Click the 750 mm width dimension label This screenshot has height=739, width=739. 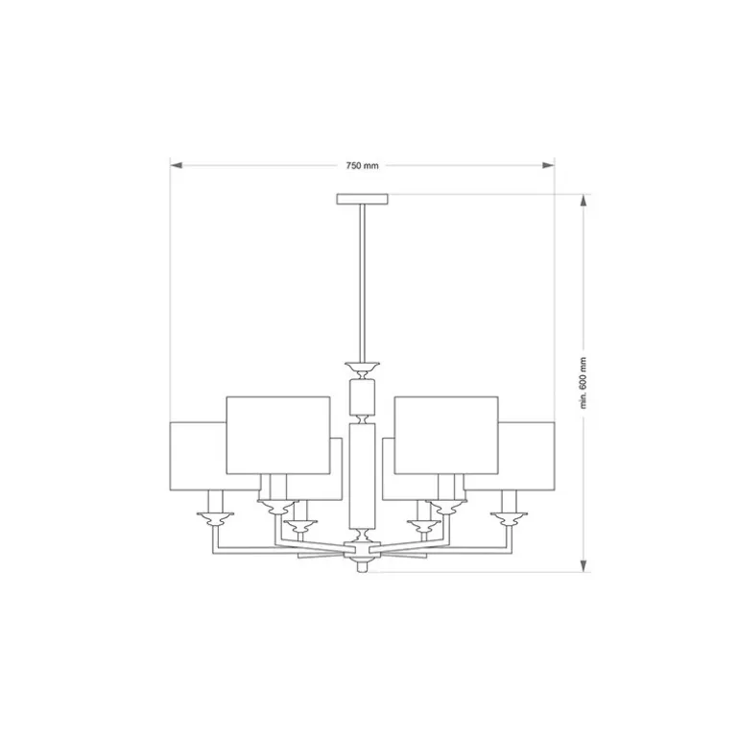362,165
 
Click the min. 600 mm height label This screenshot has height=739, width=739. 584,383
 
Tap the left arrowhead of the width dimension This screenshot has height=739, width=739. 176,165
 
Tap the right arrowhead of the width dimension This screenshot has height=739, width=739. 548,165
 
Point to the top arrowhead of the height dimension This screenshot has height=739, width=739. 584,201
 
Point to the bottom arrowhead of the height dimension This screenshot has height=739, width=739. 584,566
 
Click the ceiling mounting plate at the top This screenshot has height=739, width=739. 363,199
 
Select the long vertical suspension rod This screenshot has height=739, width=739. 363,283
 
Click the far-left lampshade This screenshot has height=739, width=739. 198,456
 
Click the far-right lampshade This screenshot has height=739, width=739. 527,456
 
